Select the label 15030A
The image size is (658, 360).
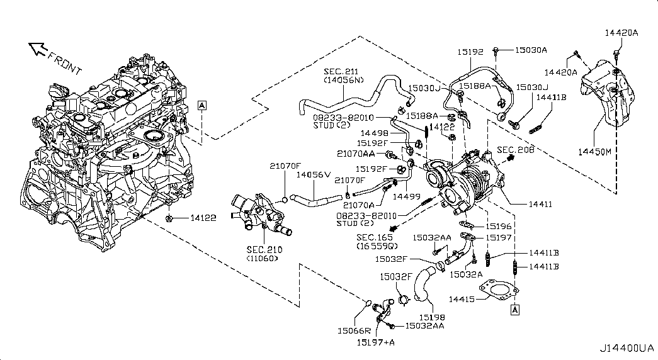tap(531, 49)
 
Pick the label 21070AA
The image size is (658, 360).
tap(356, 154)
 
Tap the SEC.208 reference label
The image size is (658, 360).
tap(514, 150)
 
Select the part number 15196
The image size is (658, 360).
tap(499, 225)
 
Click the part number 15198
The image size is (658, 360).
tap(432, 317)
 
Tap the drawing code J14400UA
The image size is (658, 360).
tap(627, 347)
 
